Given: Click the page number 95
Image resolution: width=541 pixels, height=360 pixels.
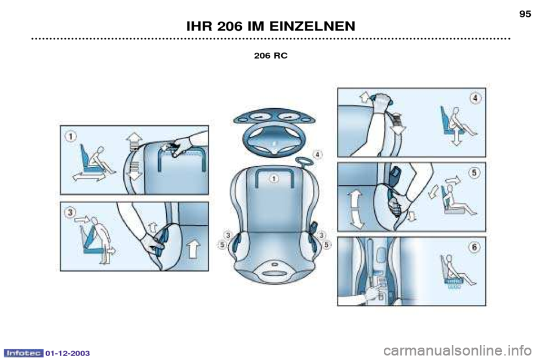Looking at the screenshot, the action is click(x=525, y=14).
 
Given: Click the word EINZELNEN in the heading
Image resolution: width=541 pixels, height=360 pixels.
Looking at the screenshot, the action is click(x=312, y=26).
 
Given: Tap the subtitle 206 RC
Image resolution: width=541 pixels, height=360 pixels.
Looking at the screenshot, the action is click(x=270, y=56).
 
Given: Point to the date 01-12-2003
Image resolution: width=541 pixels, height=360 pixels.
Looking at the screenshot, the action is click(x=67, y=353).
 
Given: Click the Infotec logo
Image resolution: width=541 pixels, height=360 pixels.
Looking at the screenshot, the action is click(x=24, y=353).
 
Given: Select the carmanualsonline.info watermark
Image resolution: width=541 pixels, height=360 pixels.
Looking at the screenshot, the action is click(x=457, y=351).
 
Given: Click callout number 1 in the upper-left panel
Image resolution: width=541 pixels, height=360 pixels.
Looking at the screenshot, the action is click(x=71, y=137).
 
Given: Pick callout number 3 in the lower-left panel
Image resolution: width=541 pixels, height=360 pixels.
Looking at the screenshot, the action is click(x=70, y=212).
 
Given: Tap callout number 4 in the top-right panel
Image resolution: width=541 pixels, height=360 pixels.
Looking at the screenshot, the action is click(x=475, y=98).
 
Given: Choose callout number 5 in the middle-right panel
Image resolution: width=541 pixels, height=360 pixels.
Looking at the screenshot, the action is click(x=475, y=172).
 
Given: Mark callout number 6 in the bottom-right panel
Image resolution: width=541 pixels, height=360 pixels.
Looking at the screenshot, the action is click(x=475, y=247).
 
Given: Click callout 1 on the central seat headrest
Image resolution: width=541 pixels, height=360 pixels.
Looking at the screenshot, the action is click(x=274, y=179).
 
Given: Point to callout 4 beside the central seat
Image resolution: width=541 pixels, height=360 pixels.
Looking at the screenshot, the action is click(x=317, y=154).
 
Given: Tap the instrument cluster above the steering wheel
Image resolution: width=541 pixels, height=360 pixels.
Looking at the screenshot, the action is click(x=274, y=117).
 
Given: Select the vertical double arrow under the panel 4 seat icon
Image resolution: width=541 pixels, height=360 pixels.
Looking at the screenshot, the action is click(x=456, y=136).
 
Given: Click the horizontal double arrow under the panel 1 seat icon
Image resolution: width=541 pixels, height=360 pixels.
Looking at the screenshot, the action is click(x=88, y=177).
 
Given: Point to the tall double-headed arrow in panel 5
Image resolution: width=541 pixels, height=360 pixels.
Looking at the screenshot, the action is click(x=356, y=210).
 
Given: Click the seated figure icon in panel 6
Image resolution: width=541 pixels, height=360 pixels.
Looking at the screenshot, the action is click(x=457, y=270).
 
